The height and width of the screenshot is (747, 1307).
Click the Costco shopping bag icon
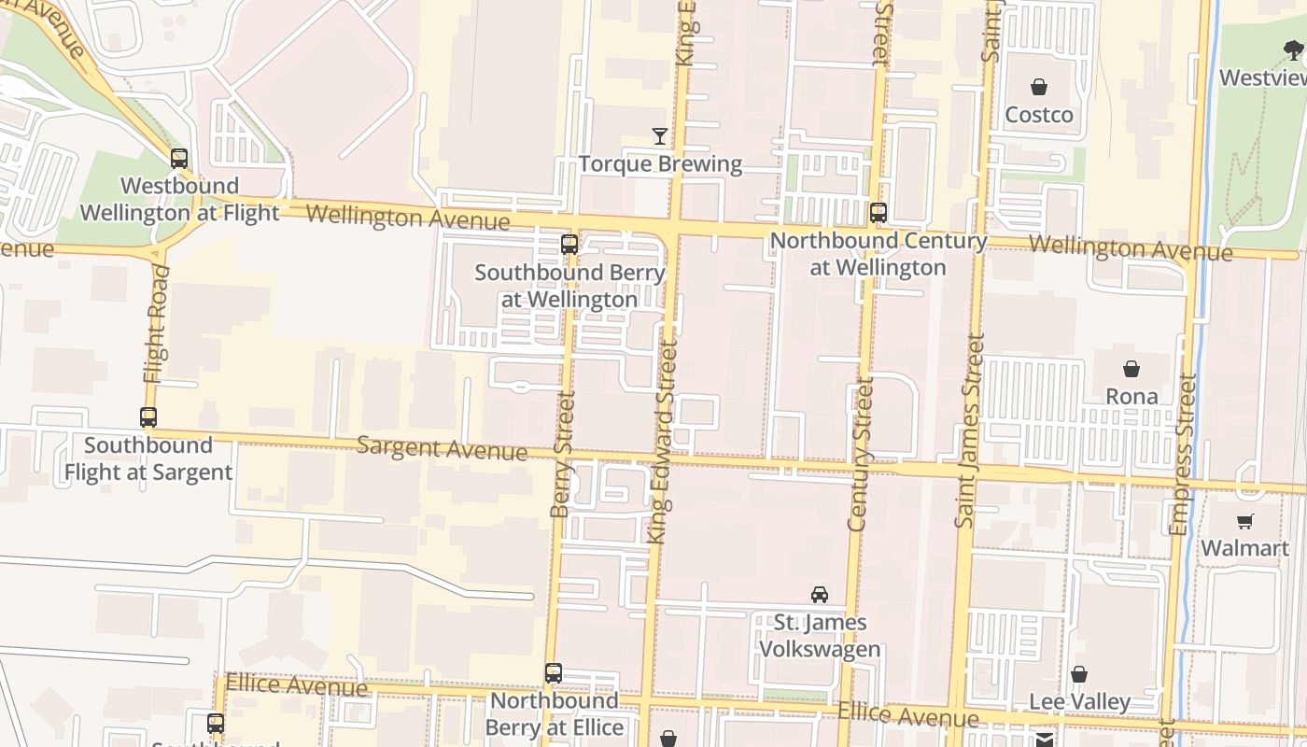click(1038, 88)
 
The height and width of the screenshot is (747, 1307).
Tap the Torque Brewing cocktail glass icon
click(660, 136)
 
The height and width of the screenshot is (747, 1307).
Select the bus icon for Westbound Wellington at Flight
click(179, 159)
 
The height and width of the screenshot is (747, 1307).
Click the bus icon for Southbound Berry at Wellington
click(569, 246)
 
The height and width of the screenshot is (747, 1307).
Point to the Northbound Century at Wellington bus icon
click(878, 213)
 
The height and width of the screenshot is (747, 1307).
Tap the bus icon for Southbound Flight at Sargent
click(148, 417)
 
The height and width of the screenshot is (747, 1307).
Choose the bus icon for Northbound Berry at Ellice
click(554, 673)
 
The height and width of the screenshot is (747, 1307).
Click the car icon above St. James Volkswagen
click(820, 595)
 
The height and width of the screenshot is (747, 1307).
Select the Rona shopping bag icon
click(1131, 369)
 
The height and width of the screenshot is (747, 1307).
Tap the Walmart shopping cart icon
click(1244, 521)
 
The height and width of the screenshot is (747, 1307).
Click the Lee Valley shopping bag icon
click(1079, 674)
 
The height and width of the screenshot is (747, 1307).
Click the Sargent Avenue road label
click(443, 448)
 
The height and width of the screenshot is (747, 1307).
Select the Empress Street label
click(1183, 455)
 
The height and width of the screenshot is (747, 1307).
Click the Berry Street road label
click(562, 455)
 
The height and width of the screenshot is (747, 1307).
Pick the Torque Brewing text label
click(660, 164)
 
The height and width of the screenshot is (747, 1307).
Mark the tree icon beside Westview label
click(1294, 50)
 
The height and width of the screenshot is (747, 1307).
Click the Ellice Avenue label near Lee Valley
click(908, 715)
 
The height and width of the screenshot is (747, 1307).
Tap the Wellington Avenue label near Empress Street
click(1130, 248)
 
